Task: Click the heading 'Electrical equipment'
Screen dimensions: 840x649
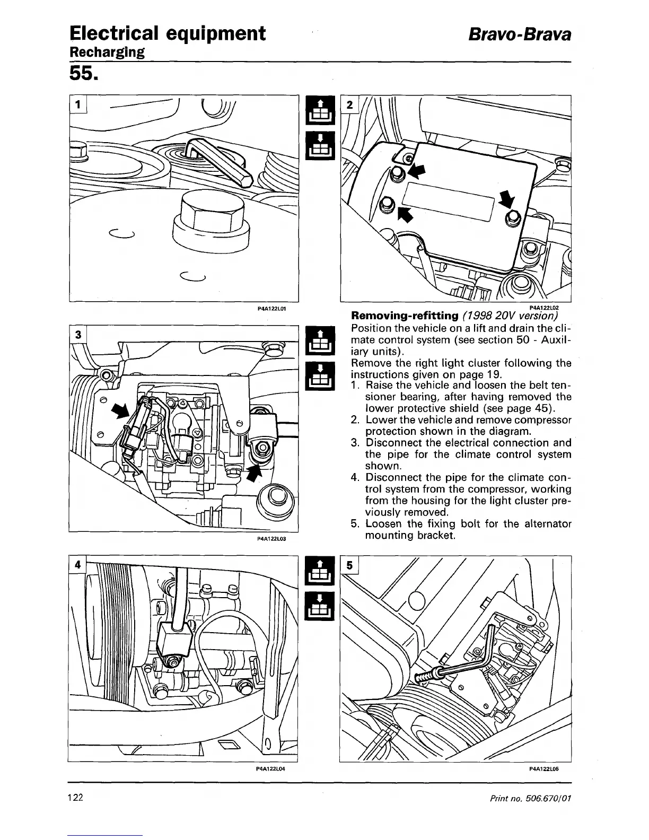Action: coord(167,33)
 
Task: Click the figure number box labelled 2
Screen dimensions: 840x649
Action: coord(349,104)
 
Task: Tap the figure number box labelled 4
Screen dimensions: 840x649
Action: coord(77,564)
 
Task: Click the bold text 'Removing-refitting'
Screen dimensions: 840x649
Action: coord(401,316)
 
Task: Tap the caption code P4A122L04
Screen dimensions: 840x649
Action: coord(272,767)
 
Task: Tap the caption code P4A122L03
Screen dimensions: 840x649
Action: coord(272,538)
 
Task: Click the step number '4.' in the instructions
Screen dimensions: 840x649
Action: coord(356,478)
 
